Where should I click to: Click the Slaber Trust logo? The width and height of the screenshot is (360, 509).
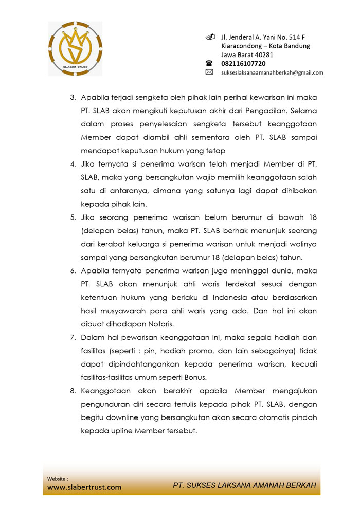tap(75, 48)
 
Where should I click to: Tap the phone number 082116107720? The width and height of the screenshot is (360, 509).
tap(243, 64)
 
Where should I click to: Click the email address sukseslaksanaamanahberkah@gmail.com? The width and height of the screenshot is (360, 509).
tap(272, 73)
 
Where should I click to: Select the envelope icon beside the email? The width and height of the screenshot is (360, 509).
tap(209, 72)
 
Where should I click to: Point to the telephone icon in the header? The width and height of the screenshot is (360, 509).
tap(209, 63)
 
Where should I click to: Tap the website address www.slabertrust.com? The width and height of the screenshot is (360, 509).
tap(84, 487)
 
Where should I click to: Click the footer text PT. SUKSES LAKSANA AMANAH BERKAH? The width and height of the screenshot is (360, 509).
tap(244, 485)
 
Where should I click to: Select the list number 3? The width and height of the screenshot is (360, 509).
tap(73, 97)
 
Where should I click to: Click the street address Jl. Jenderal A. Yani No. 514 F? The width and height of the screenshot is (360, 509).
tap(263, 37)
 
